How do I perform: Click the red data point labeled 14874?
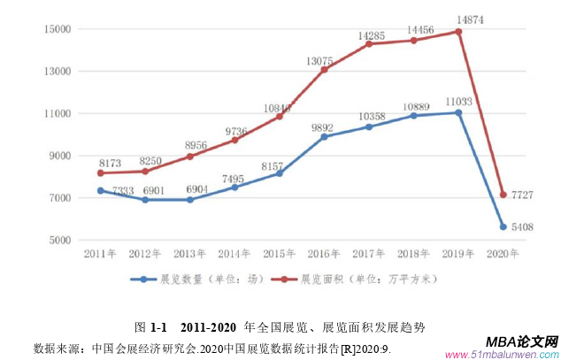pos(458,32)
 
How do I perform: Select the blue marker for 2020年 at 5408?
pos(503,226)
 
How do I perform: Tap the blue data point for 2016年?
pos(324,137)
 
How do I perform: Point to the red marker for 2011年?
pos(101,173)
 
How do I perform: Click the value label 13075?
pos(320,60)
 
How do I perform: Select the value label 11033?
pos(458,102)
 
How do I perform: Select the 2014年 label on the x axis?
pos(234,254)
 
